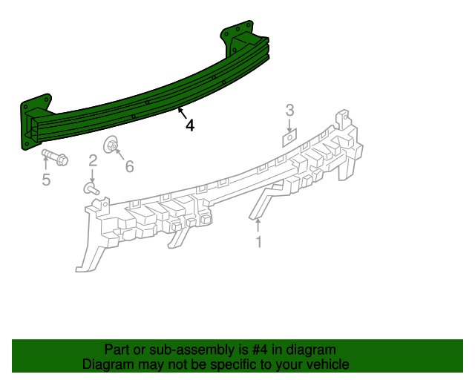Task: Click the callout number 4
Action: click(x=190, y=126)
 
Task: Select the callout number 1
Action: click(x=258, y=242)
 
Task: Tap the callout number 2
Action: click(x=93, y=161)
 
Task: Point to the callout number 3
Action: click(x=289, y=110)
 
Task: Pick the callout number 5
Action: click(x=46, y=180)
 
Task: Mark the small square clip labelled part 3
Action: click(x=289, y=137)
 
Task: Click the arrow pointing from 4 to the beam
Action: click(x=181, y=114)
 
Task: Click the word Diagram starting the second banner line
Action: click(x=107, y=364)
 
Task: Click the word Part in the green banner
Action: click(x=117, y=350)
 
